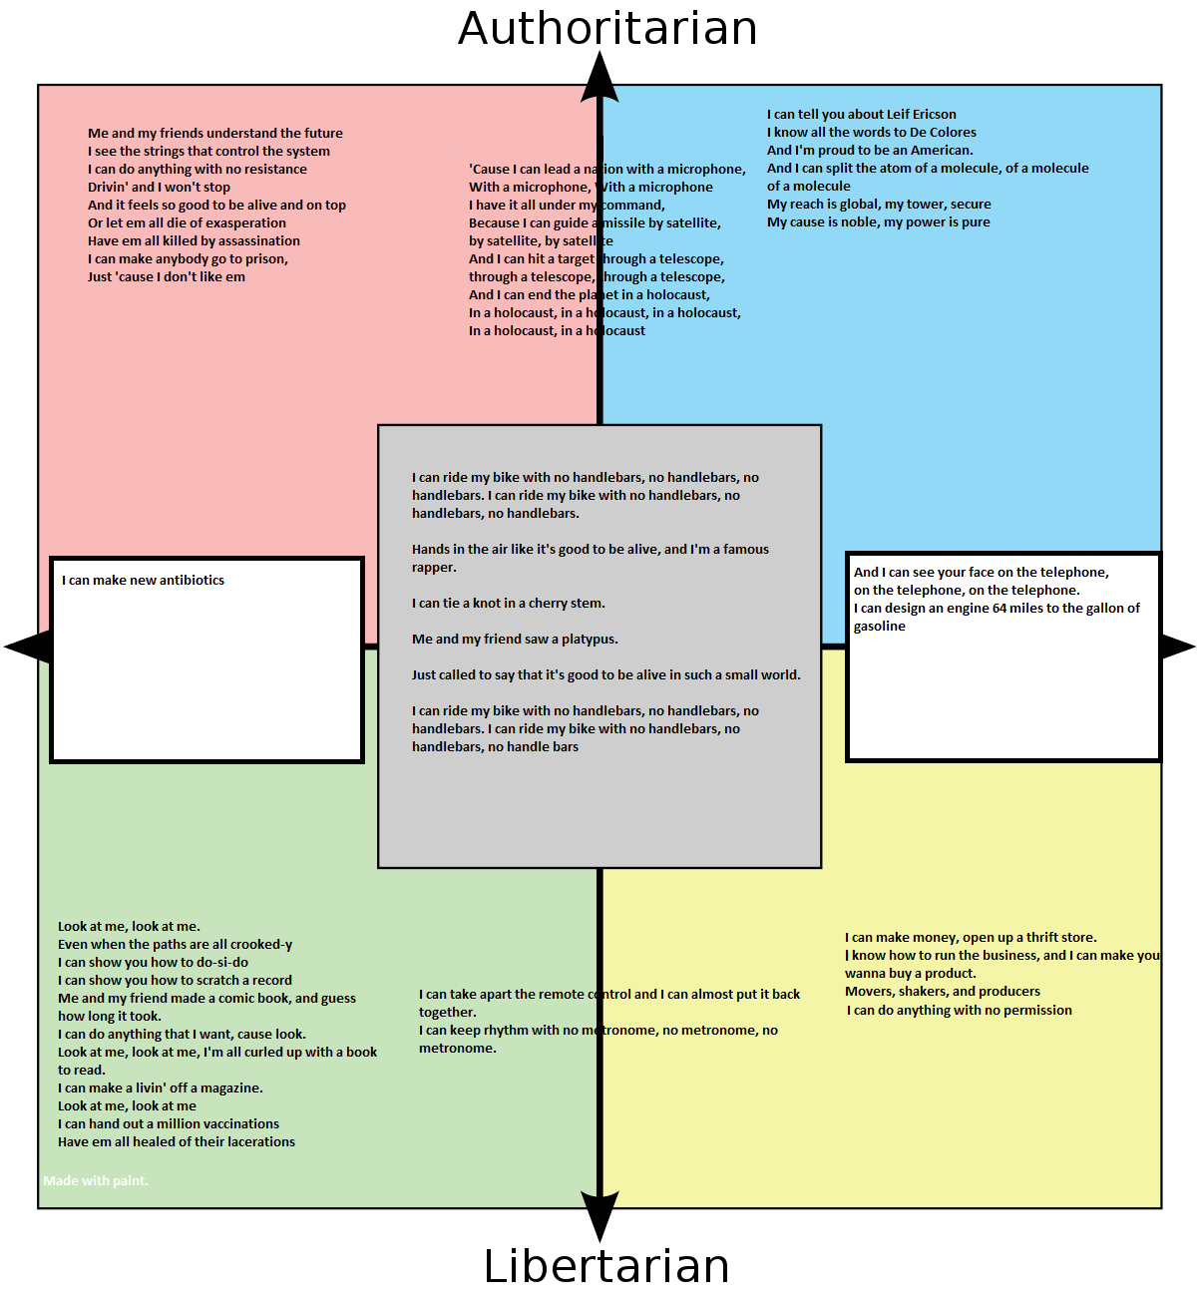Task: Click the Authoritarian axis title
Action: click(607, 28)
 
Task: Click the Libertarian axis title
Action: click(606, 1266)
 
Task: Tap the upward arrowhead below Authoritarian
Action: click(599, 79)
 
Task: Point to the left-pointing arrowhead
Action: click(28, 647)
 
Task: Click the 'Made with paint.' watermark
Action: click(96, 1180)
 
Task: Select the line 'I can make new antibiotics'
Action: click(143, 580)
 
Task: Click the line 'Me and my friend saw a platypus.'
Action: click(515, 639)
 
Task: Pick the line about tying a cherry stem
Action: click(508, 603)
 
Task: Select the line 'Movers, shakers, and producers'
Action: click(942, 991)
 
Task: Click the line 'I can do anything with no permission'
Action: click(960, 1010)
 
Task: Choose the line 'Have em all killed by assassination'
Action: click(194, 240)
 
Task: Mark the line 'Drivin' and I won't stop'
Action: click(159, 187)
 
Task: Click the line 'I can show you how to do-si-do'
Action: click(153, 962)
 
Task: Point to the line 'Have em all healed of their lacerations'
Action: click(177, 1141)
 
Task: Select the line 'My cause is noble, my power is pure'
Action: click(878, 221)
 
